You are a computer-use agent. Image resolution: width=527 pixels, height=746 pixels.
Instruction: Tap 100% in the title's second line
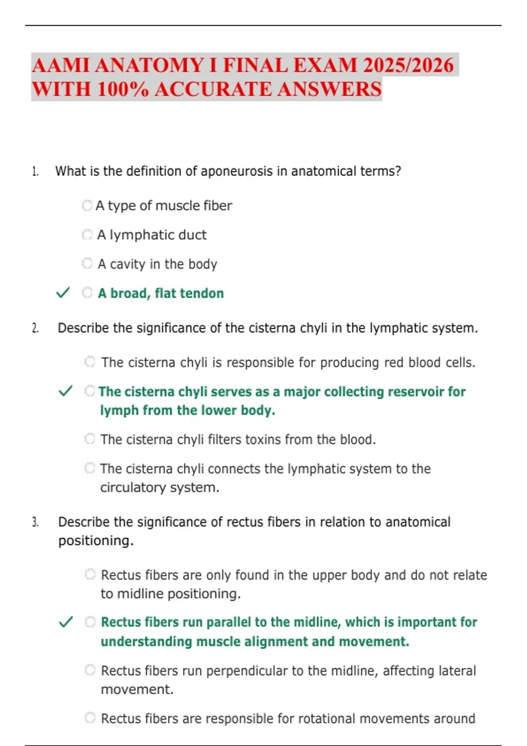click(123, 89)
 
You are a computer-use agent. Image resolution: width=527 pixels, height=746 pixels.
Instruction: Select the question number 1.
click(35, 172)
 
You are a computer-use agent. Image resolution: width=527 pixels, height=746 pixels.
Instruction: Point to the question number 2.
click(35, 328)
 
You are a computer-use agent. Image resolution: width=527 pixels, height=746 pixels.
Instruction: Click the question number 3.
click(35, 522)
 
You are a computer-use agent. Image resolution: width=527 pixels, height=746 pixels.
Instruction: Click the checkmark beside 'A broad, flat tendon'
click(63, 292)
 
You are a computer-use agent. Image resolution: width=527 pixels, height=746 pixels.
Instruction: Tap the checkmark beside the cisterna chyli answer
click(65, 391)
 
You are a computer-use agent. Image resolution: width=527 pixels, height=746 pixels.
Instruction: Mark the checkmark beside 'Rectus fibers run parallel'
click(66, 621)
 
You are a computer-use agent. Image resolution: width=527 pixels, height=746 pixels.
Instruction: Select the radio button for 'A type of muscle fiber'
click(87, 205)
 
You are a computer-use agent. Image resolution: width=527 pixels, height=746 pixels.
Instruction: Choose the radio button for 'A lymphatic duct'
click(87, 235)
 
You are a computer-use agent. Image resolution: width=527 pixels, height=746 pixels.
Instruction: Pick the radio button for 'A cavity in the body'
click(87, 263)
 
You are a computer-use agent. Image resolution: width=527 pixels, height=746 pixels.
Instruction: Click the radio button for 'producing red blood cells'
click(90, 362)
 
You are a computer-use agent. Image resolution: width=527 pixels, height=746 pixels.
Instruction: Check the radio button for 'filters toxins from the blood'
click(90, 438)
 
